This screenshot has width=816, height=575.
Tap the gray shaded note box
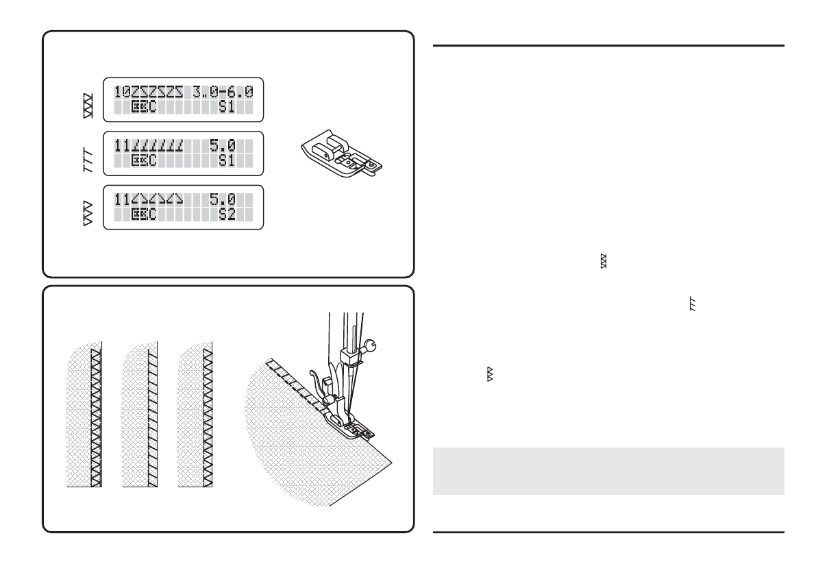click(x=608, y=471)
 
